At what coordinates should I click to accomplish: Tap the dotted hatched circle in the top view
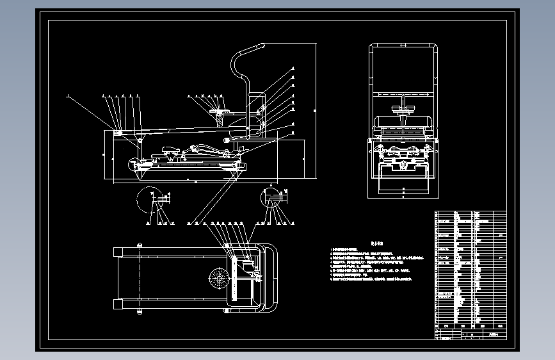(218, 279)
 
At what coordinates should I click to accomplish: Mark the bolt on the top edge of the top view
(139, 244)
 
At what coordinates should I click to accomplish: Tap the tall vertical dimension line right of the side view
(316, 112)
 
